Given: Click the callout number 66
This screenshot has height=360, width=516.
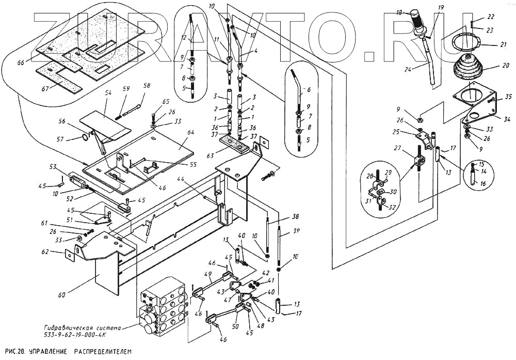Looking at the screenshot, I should click(x=21, y=62).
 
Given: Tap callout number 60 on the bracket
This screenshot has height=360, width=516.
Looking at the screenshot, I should click(x=61, y=295).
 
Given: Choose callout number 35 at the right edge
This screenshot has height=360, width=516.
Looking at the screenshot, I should click(x=508, y=97).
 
